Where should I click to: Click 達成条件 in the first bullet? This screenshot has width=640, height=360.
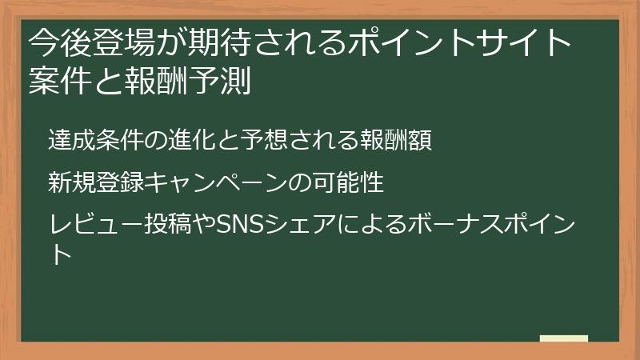click(86, 141)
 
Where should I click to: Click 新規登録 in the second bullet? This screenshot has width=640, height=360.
click(86, 183)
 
